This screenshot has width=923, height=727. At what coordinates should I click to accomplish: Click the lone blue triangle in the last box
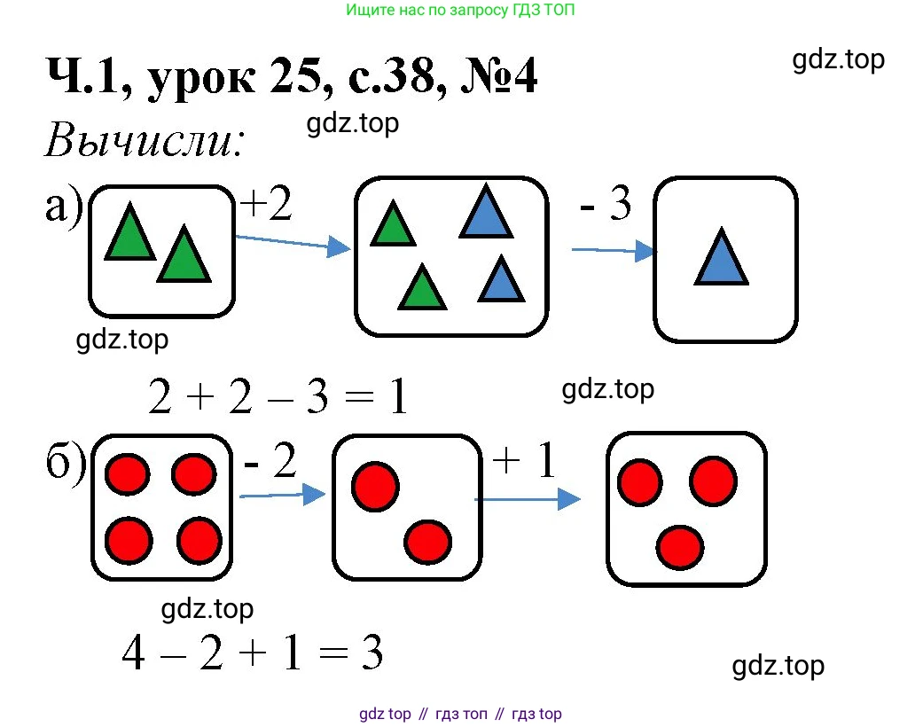pos(721,258)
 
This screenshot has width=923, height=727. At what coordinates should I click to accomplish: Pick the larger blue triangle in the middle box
pos(486,212)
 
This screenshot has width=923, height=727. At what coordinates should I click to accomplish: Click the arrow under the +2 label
pos(293,242)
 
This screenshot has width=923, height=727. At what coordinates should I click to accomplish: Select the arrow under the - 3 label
pos(614,252)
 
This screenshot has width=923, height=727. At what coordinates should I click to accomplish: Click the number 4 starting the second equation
pos(135,654)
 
